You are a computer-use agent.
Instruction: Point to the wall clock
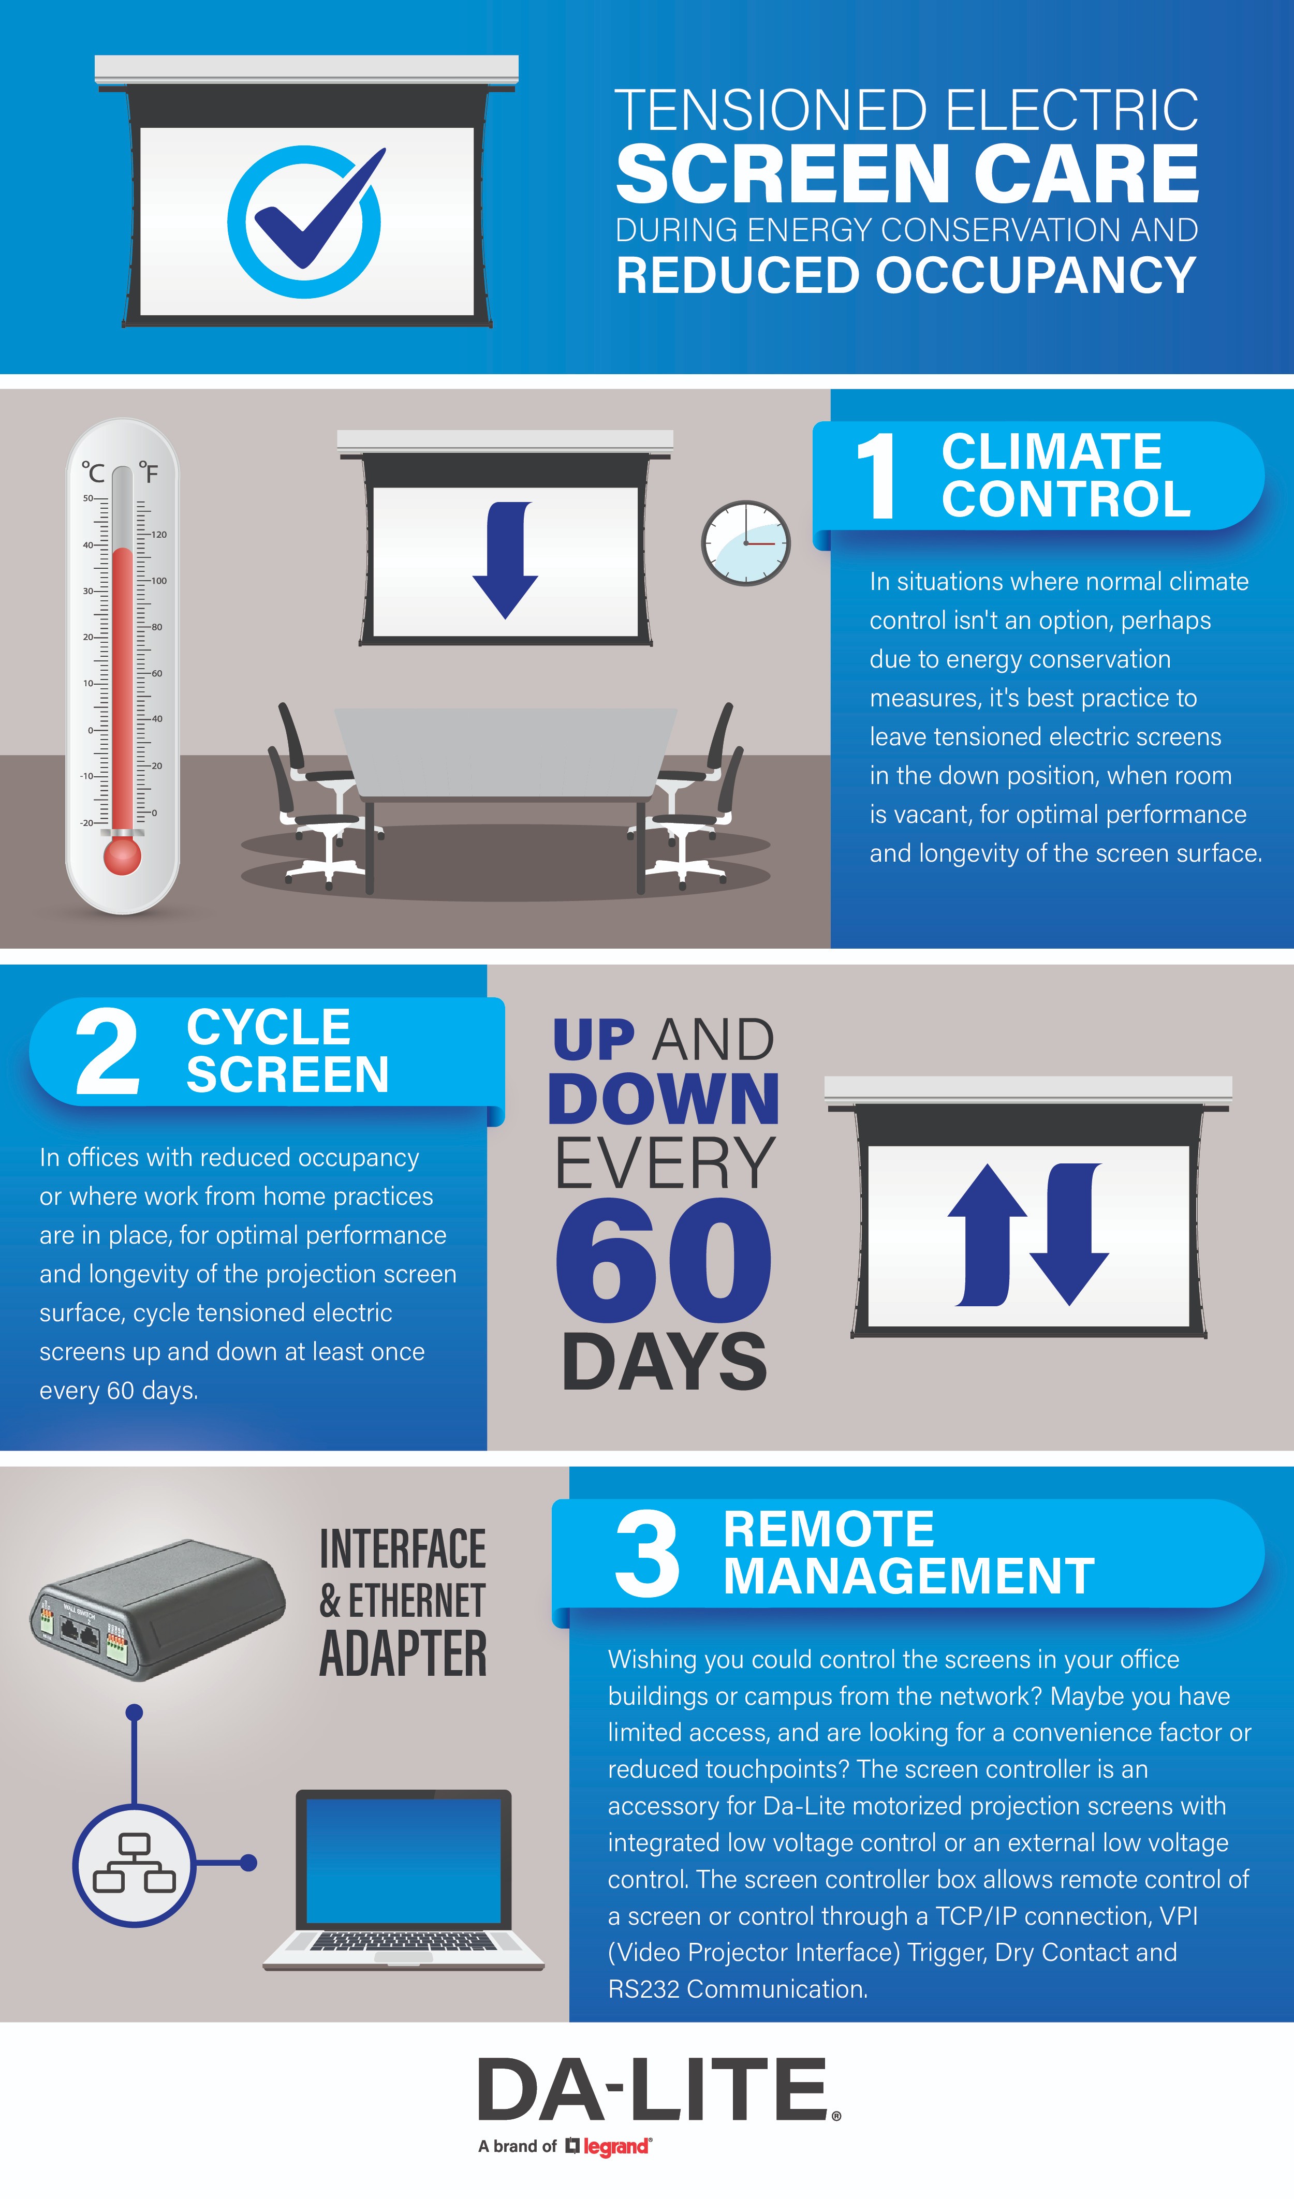(746, 543)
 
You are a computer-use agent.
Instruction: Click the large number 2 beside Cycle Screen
(107, 1052)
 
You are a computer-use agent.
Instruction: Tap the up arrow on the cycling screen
(987, 1235)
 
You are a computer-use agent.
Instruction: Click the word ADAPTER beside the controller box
(403, 1655)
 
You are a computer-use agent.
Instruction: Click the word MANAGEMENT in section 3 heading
(909, 1576)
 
